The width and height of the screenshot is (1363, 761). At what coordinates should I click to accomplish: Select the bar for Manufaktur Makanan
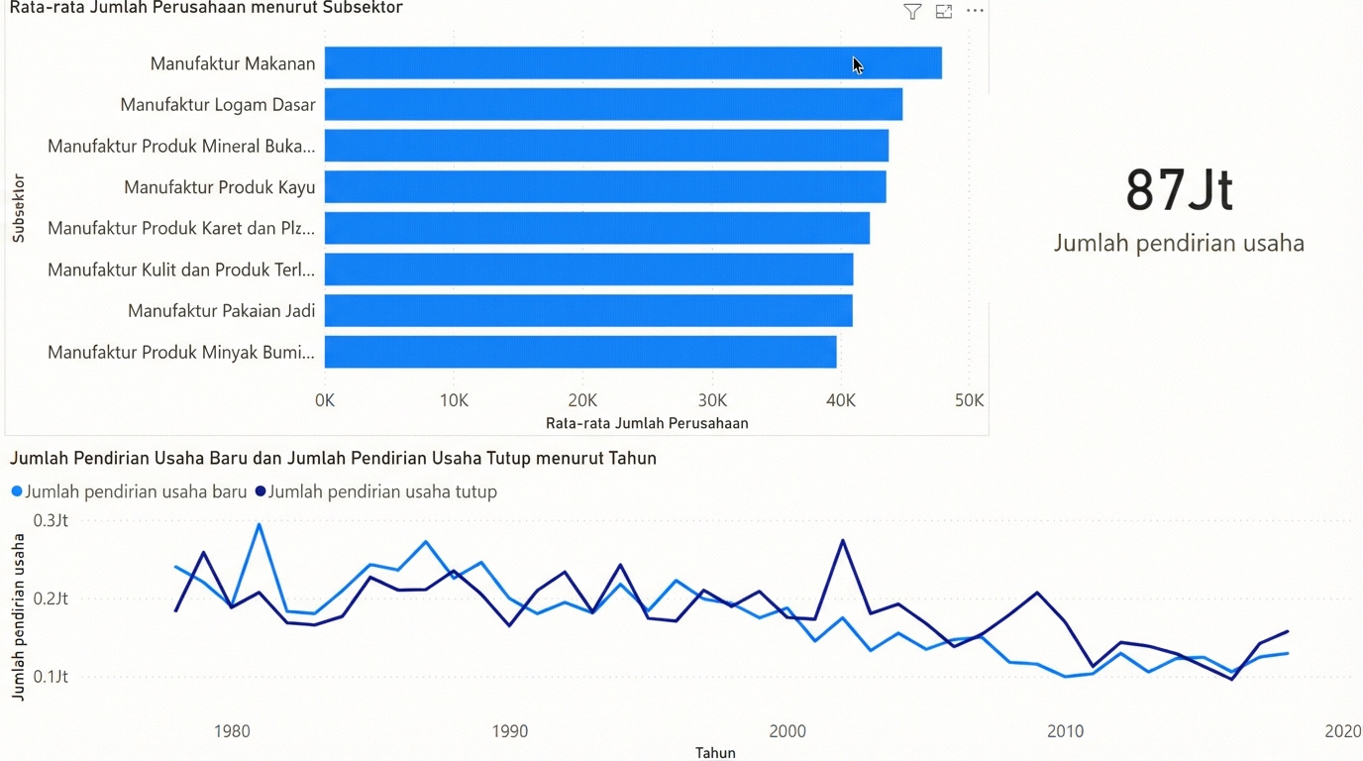point(632,63)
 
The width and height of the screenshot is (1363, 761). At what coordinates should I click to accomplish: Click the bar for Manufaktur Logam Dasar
point(613,105)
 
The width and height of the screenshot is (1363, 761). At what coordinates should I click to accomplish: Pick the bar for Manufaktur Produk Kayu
point(605,187)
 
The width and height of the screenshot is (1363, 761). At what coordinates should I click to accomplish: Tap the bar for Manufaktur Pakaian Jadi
point(588,311)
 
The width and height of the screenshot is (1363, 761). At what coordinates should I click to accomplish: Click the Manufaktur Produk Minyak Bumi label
point(181,353)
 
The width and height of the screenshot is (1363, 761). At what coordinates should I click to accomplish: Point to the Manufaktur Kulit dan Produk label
point(181,270)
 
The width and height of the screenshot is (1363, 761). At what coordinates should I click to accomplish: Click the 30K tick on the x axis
point(712,400)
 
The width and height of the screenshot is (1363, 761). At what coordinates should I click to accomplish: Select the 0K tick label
point(325,400)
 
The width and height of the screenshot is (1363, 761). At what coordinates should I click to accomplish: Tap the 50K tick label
point(969,400)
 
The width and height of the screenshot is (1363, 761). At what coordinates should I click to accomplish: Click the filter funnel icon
point(912,12)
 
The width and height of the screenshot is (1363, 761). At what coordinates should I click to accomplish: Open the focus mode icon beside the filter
point(944,12)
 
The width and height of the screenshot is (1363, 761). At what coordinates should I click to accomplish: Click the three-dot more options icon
point(975,11)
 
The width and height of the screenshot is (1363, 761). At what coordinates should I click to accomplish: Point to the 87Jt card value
point(1179,190)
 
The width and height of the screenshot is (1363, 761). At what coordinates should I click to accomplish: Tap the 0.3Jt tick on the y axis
point(51,520)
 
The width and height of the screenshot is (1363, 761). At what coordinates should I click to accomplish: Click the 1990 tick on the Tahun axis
point(510,731)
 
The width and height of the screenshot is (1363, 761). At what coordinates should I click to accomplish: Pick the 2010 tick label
point(1066,731)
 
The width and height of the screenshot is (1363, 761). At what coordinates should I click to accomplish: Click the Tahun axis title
point(715,753)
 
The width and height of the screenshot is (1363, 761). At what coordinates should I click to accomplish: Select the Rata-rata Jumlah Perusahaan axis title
point(647,423)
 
